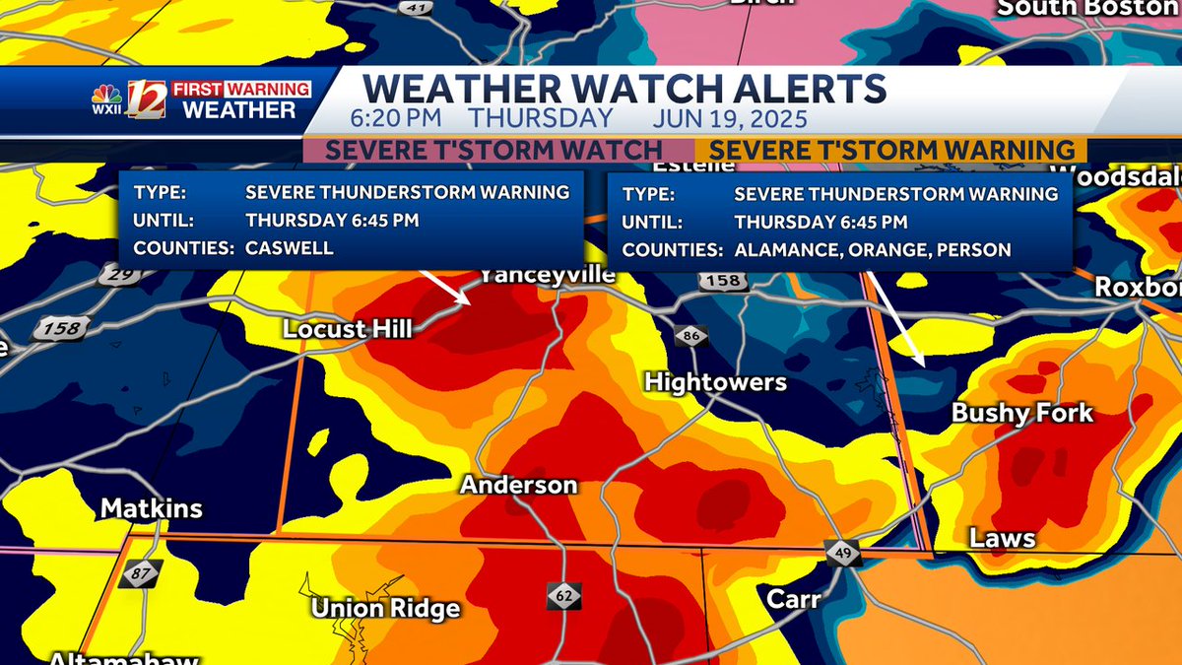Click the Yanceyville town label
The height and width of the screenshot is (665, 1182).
click(x=547, y=276)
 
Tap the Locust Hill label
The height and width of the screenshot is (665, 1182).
click(x=347, y=329)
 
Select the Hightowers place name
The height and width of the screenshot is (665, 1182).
click(x=715, y=382)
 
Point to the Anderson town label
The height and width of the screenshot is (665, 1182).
click(x=518, y=485)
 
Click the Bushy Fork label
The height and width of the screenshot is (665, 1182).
click(x=1021, y=413)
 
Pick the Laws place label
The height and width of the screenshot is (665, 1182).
click(x=1002, y=538)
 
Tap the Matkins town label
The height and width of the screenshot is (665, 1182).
click(x=152, y=508)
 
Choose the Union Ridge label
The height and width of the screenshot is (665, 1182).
click(x=385, y=609)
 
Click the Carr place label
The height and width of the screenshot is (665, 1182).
click(x=794, y=598)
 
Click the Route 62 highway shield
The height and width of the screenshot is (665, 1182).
click(x=564, y=596)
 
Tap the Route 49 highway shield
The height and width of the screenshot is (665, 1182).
click(x=844, y=554)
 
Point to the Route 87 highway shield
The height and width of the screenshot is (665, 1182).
click(x=139, y=573)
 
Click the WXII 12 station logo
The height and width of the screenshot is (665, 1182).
click(x=129, y=100)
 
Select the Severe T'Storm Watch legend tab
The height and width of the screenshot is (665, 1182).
click(x=493, y=150)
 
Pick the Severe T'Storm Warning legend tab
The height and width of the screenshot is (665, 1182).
click(x=891, y=150)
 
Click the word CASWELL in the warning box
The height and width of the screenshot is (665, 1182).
click(x=290, y=248)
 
